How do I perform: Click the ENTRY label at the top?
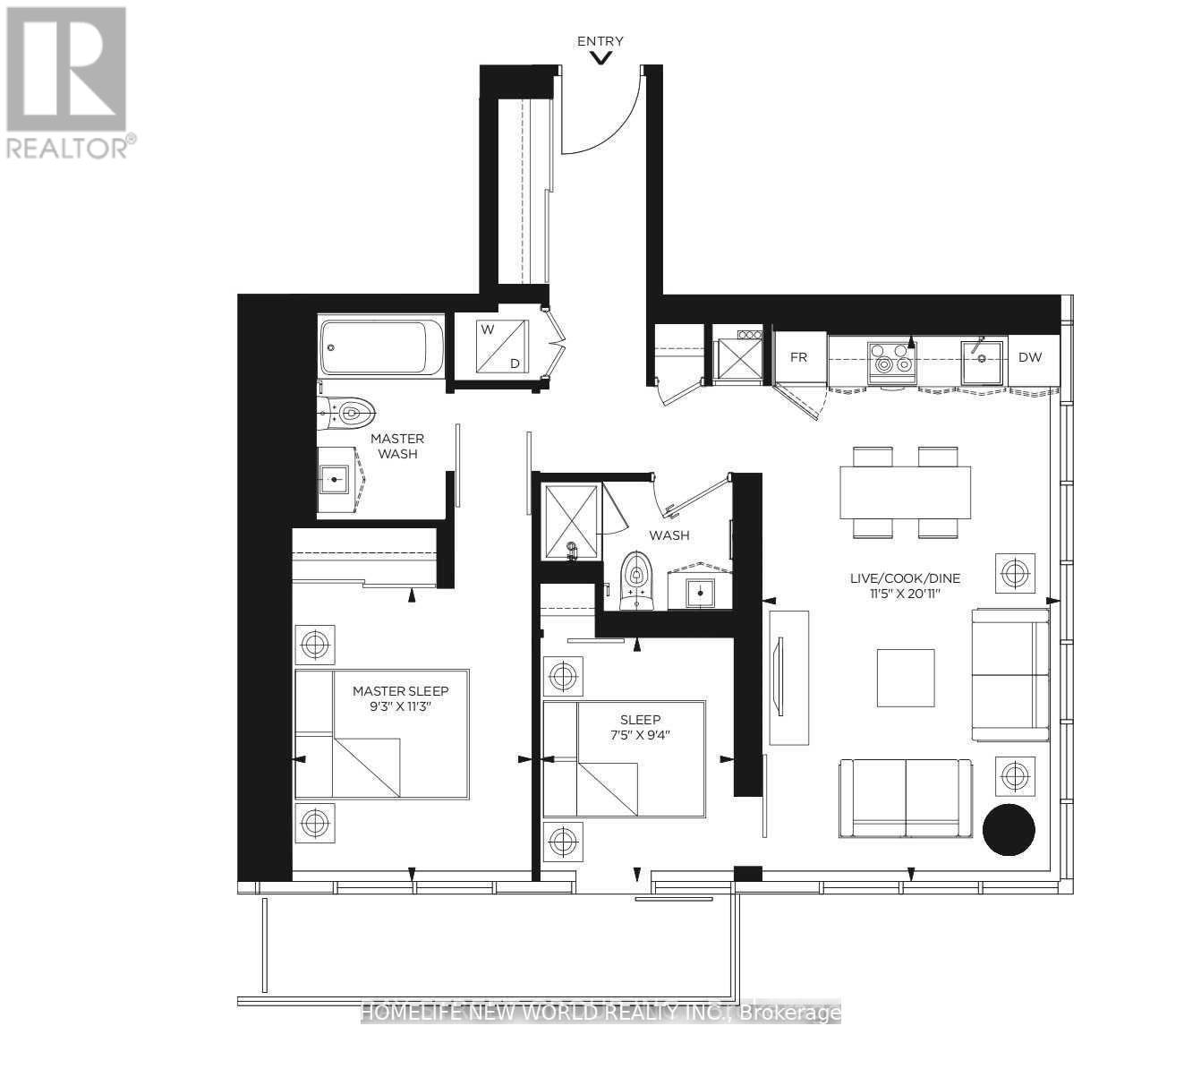pyautogui.click(x=600, y=41)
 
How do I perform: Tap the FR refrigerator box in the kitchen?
pyautogui.click(x=800, y=357)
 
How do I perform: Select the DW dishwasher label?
pyautogui.click(x=1030, y=357)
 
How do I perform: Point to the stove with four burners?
pyautogui.click(x=891, y=358)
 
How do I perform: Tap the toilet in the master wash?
pyautogui.click(x=346, y=412)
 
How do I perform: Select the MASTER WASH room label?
pyautogui.click(x=397, y=446)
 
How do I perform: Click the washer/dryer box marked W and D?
pyautogui.click(x=501, y=346)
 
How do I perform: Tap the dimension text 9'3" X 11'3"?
pyautogui.click(x=400, y=706)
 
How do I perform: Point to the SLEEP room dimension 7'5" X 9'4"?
pyautogui.click(x=640, y=735)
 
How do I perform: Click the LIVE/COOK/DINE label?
pyautogui.click(x=905, y=578)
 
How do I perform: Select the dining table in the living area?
pyautogui.click(x=905, y=492)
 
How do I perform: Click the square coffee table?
pyautogui.click(x=905, y=678)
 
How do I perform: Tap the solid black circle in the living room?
pyautogui.click(x=1009, y=829)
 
